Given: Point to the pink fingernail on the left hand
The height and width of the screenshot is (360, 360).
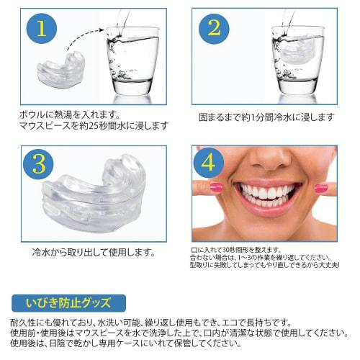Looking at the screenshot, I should click(x=215, y=189).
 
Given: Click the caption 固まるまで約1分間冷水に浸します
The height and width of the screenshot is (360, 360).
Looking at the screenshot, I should click(x=266, y=116).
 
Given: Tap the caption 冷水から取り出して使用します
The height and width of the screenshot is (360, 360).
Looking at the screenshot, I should click(x=93, y=253).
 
